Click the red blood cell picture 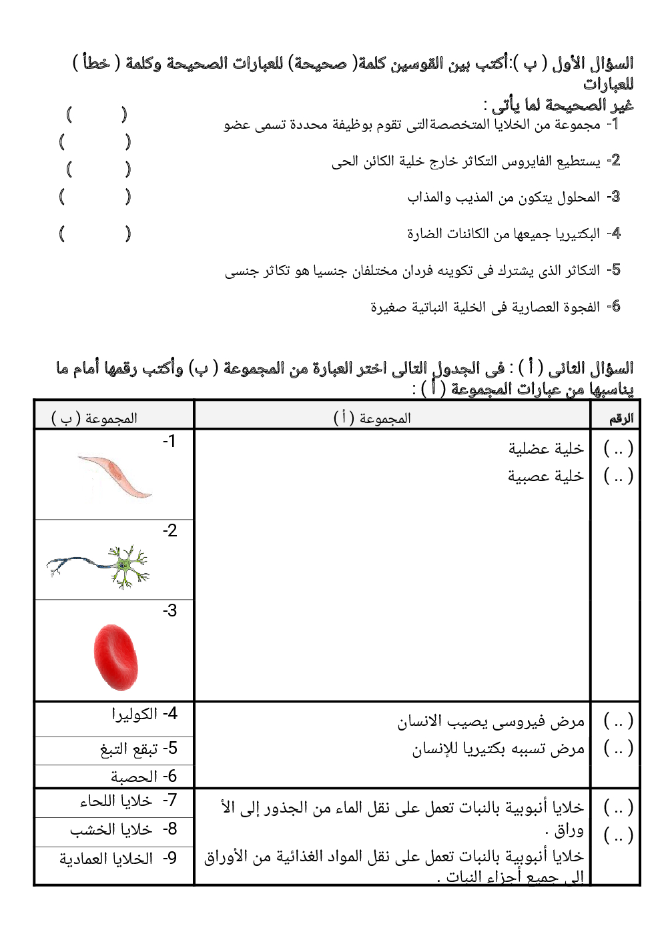tap(116, 657)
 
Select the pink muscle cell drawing tap(115, 476)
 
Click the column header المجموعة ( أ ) tap(372, 418)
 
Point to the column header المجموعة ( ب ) tap(95, 418)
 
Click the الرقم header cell tap(621, 419)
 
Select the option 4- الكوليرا tap(144, 714)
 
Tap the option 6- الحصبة tap(143, 777)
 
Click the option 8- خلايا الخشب tap(123, 829)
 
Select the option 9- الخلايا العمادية tap(118, 859)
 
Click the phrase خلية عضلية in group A tap(546, 449)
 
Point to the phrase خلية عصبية tap(546, 476)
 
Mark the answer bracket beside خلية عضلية tap(618, 449)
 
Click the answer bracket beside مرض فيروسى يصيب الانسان tap(618, 721)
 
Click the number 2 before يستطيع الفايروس tap(615, 161)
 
